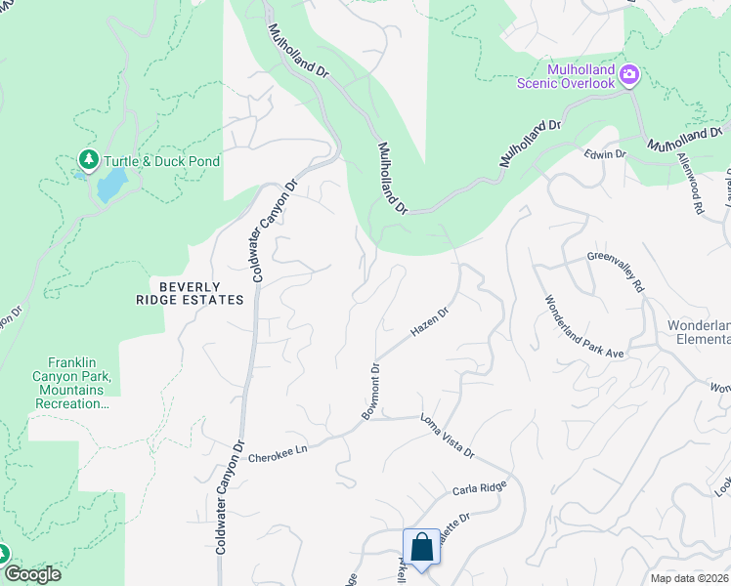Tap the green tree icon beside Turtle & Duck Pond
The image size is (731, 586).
coord(89,159)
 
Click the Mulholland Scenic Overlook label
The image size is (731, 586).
coord(568,76)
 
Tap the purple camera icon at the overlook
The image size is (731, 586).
coord(630,74)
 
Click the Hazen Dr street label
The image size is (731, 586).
coord(429,324)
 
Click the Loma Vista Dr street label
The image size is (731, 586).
coord(447,437)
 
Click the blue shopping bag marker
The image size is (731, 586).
coord(421,548)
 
